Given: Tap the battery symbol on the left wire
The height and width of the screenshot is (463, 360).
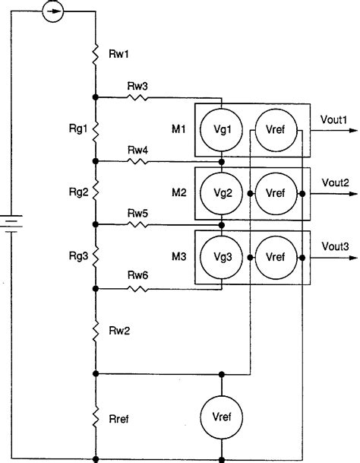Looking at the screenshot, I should point(11,224).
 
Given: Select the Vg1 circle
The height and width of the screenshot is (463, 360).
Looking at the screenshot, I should point(220,129).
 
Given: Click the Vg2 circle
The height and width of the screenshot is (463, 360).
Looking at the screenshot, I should point(220,193).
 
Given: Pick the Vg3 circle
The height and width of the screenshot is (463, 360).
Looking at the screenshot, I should point(220,257).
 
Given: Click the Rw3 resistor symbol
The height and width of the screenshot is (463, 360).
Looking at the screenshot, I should point(138,97).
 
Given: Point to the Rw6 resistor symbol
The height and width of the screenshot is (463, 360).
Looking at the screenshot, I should point(138,289).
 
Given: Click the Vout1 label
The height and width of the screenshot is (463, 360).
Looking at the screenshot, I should point(335,119).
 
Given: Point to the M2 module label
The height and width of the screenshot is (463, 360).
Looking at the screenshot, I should point(178,192).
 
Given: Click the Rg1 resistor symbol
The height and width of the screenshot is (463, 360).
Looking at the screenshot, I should point(96,129).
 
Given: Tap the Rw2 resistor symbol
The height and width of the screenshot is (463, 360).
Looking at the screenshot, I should point(96,331).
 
